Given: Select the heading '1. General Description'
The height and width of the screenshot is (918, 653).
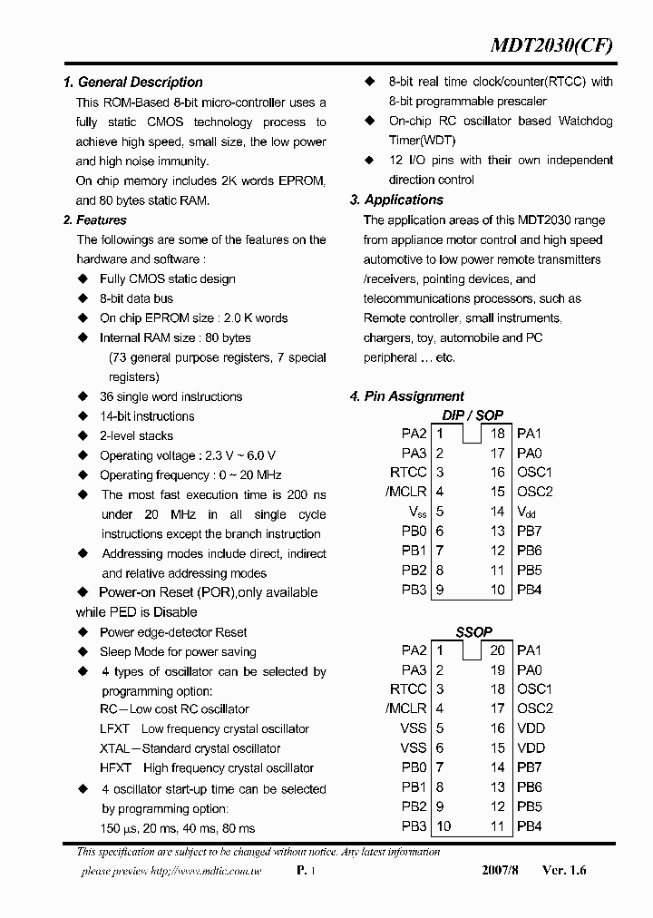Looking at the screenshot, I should click(x=132, y=83).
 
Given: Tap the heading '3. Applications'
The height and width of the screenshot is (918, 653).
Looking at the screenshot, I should click(x=396, y=200).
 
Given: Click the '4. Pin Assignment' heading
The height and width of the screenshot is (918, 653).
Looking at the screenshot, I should click(x=406, y=396).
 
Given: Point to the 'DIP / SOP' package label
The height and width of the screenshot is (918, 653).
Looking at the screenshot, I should click(x=472, y=415).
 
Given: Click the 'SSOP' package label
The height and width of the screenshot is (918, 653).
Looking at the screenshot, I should click(x=473, y=631).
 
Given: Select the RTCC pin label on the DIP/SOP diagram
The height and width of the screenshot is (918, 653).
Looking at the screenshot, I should click(x=408, y=473).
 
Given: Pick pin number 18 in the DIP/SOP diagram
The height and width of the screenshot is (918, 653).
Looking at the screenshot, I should click(x=497, y=434).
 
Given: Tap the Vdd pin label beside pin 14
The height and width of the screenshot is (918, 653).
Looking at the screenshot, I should click(x=527, y=513).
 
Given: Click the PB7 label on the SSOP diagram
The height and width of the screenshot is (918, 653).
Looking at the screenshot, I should click(x=530, y=767).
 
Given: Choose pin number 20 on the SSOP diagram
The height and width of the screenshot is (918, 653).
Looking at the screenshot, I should click(x=497, y=650).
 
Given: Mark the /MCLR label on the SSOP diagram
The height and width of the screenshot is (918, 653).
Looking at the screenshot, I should click(x=405, y=708).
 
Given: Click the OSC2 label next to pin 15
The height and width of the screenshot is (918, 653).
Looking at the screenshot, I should click(x=534, y=493).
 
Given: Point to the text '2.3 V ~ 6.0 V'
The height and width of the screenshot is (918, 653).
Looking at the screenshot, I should click(x=238, y=456).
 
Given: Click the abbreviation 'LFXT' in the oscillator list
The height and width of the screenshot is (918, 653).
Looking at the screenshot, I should click(x=114, y=729).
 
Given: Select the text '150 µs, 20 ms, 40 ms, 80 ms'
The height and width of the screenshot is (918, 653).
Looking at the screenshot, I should click(x=178, y=828).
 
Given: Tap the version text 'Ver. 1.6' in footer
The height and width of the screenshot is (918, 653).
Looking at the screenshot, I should click(x=564, y=870).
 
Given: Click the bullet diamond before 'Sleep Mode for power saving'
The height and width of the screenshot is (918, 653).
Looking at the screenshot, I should click(x=83, y=652).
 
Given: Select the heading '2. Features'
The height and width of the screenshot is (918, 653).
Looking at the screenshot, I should click(x=95, y=220).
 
